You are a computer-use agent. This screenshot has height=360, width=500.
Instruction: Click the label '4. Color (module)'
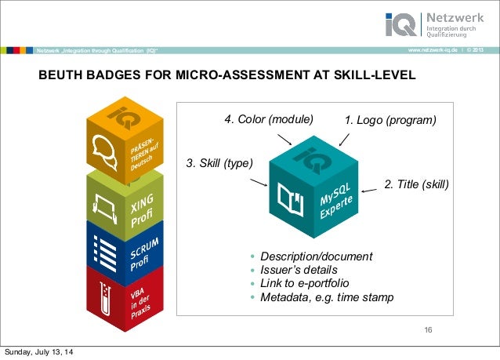[x=268, y=120]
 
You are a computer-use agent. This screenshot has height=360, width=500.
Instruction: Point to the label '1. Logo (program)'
[x=389, y=120]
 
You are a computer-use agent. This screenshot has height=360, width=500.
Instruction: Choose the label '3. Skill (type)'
[x=219, y=163]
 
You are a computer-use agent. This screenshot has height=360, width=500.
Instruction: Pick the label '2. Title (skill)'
[x=416, y=184]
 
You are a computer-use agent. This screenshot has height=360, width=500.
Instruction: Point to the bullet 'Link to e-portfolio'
[x=305, y=283]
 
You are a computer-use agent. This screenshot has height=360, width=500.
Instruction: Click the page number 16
[x=428, y=328]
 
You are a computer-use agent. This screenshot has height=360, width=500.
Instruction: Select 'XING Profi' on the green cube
[x=142, y=209]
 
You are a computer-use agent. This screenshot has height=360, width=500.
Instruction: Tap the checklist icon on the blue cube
[x=103, y=253]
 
